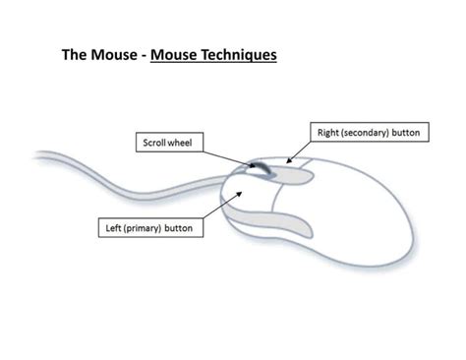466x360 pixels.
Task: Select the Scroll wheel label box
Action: click(168, 143)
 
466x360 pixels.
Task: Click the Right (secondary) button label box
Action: click(369, 131)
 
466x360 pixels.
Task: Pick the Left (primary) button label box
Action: click(148, 227)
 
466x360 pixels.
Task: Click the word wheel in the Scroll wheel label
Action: click(183, 143)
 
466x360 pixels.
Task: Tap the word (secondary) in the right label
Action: click(366, 131)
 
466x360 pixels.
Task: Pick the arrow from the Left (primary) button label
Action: click(221, 207)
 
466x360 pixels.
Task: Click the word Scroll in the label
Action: click(153, 143)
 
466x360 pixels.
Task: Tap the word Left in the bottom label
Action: click(114, 227)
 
